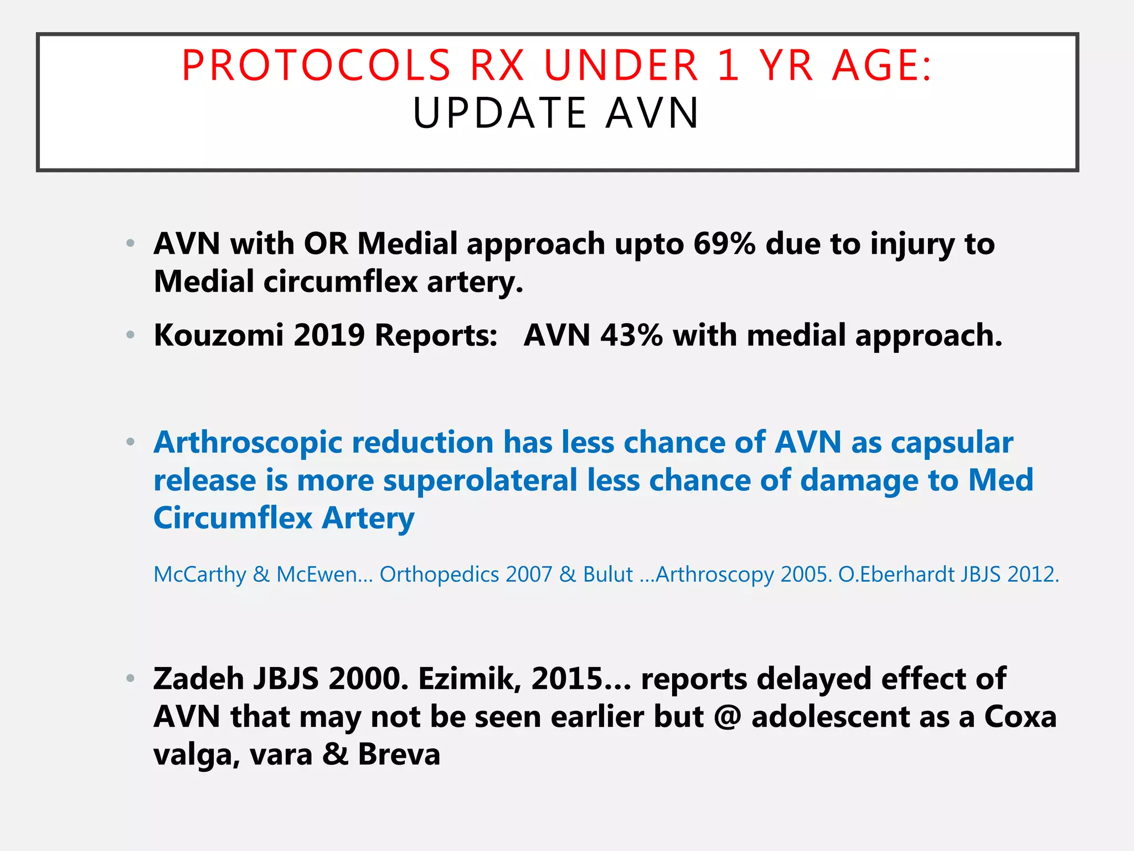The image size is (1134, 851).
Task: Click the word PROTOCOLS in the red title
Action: [x=316, y=66]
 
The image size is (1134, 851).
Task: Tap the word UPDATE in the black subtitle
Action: [x=499, y=114]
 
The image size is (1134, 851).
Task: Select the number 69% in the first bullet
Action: [x=724, y=244]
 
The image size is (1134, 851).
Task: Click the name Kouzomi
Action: [x=218, y=336]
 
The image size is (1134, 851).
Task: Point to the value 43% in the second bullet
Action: [x=631, y=336]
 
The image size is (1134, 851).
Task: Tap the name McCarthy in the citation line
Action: [x=199, y=575]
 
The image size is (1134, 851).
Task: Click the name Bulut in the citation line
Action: [x=607, y=575]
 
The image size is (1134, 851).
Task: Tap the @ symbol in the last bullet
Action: [x=728, y=717]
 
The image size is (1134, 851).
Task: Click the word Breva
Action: [x=399, y=755]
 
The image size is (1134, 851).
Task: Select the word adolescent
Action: [x=831, y=717]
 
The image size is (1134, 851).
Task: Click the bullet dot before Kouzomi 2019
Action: [x=131, y=335]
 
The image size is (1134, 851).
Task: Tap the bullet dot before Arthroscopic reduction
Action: [x=131, y=442]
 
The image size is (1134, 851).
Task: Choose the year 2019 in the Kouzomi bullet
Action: [x=329, y=336]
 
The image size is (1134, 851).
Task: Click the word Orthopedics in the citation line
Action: [x=439, y=575]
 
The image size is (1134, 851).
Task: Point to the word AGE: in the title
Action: [x=882, y=66]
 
